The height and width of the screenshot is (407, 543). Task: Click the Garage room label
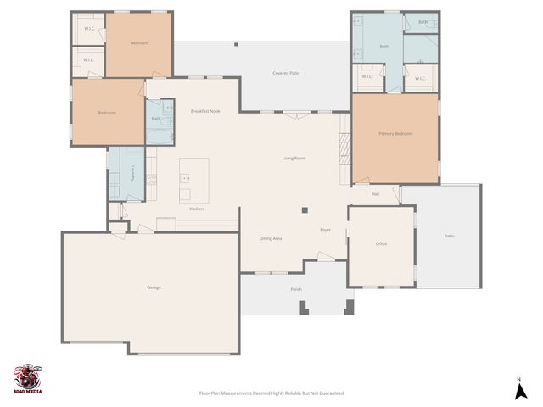click(x=154, y=287)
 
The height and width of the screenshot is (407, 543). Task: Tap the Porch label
click(x=296, y=289)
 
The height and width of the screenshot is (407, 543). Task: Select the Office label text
click(x=381, y=244)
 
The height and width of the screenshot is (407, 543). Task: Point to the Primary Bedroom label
click(x=395, y=133)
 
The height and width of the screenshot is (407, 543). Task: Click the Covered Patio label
click(x=286, y=74)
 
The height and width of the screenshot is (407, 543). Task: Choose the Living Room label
click(x=294, y=159)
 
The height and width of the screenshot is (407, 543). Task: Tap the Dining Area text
click(x=271, y=238)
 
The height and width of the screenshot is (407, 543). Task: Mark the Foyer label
click(x=325, y=231)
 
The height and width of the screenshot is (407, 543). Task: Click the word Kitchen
click(x=196, y=209)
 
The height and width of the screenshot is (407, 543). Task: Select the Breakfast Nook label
click(x=205, y=111)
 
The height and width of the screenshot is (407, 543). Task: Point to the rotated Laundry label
click(x=133, y=174)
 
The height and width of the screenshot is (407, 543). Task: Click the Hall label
click(x=374, y=194)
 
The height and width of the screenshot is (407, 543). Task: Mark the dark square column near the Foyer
click(x=304, y=210)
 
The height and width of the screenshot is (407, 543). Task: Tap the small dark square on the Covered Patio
click(x=236, y=45)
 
